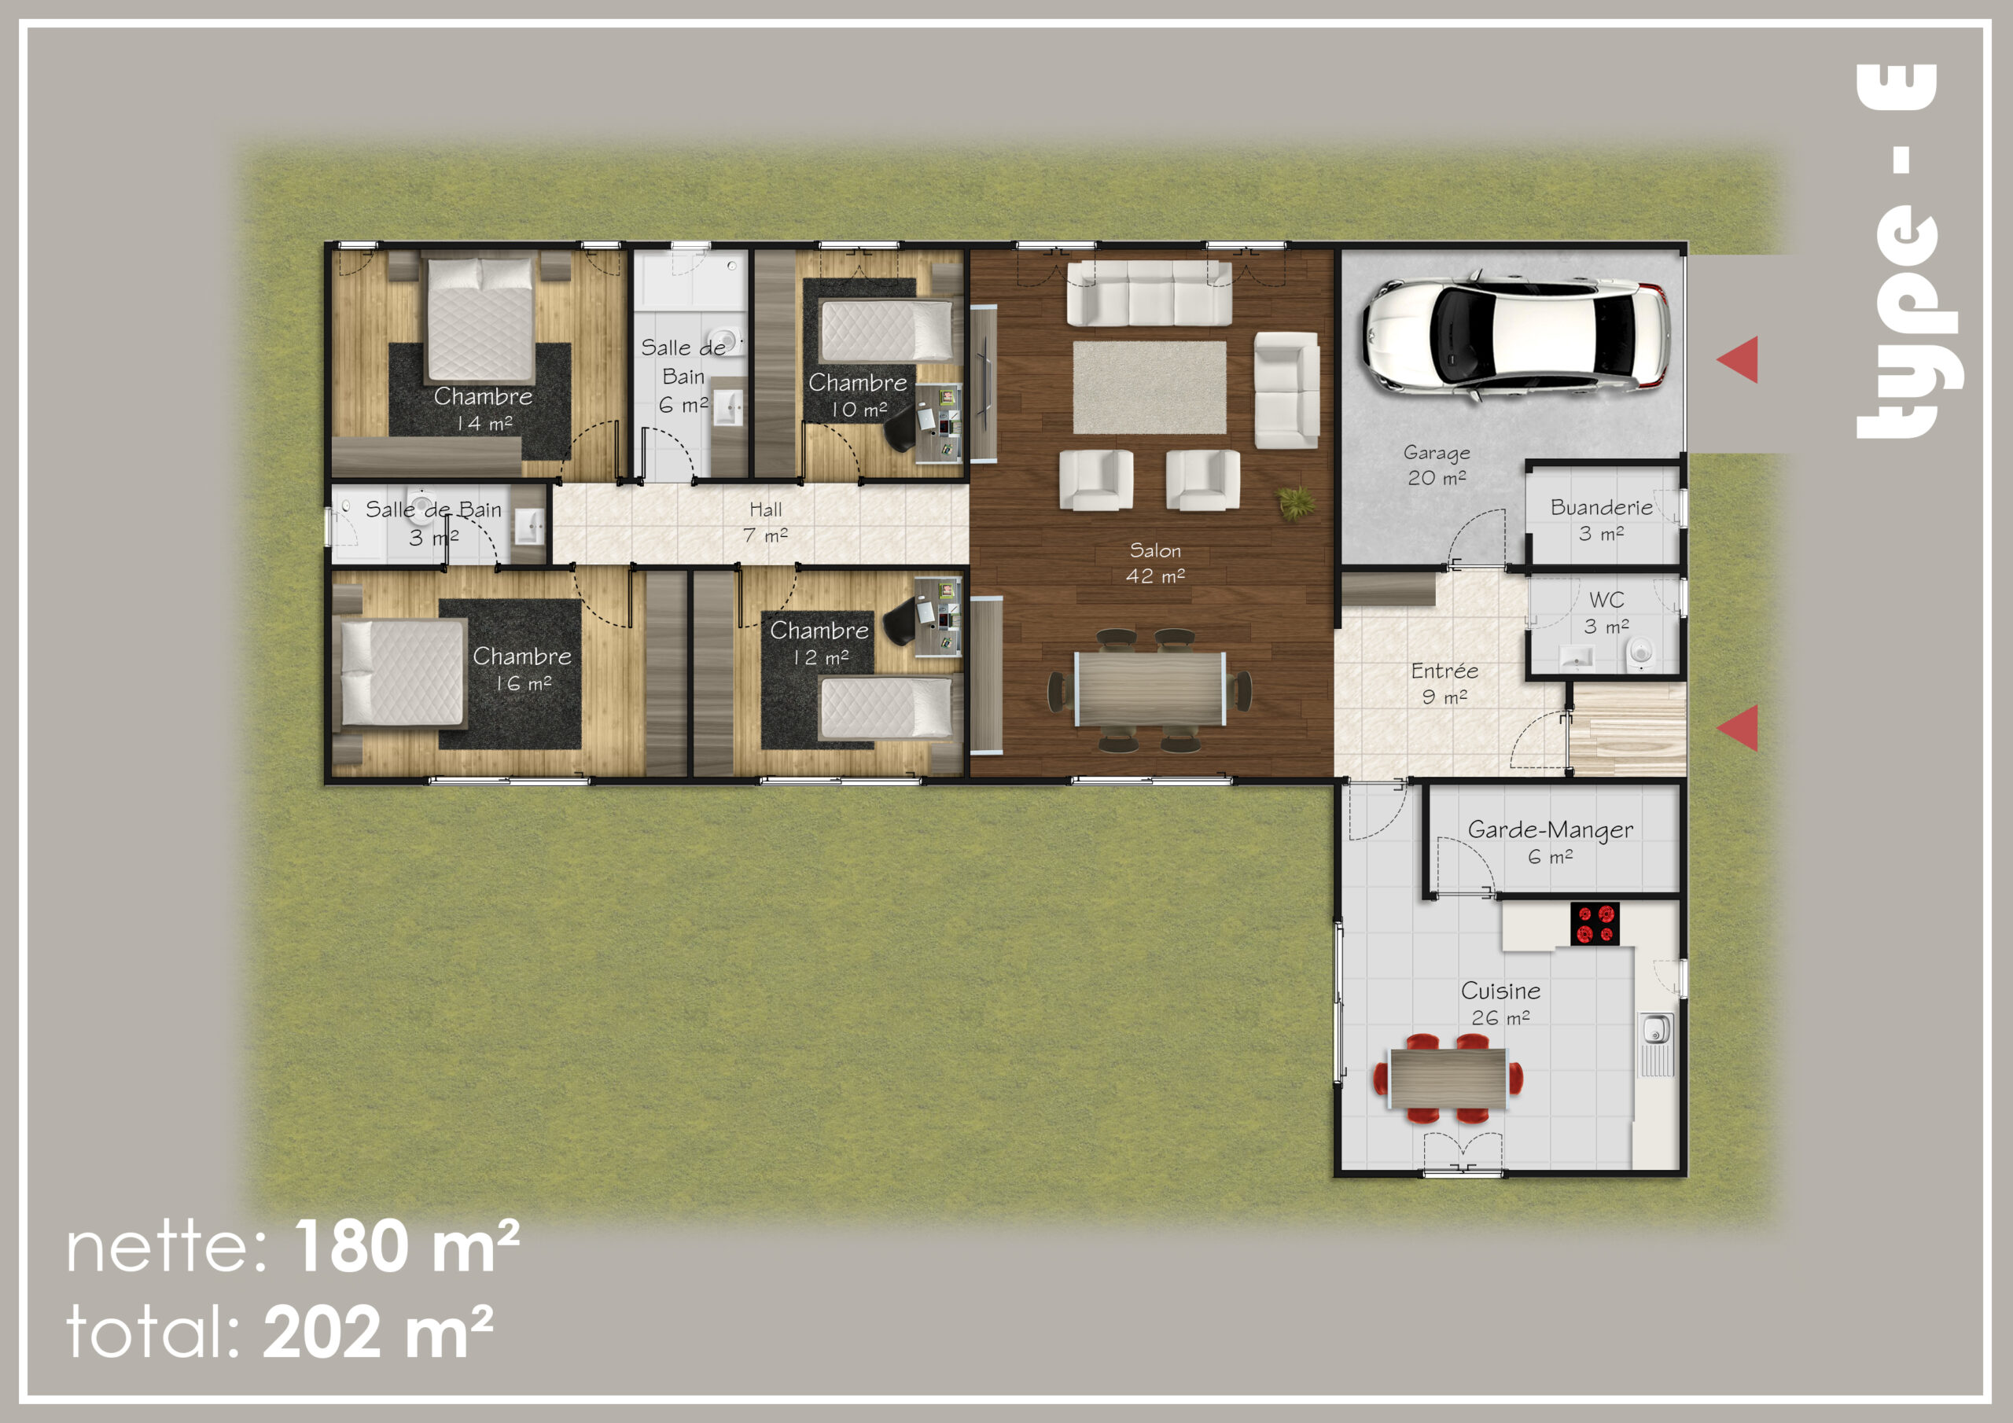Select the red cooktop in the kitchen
tap(1595, 924)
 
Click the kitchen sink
tap(1656, 1029)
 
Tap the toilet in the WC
tap(1640, 653)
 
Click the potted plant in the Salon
tap(1295, 503)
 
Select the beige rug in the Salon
tap(1150, 387)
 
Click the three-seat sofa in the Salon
tap(1149, 292)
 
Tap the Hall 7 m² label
tap(765, 522)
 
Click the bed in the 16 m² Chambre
tap(402, 672)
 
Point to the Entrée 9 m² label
tap(1444, 684)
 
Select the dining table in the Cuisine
tap(1448, 1079)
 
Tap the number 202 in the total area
tap(322, 1332)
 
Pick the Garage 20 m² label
tap(1437, 465)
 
